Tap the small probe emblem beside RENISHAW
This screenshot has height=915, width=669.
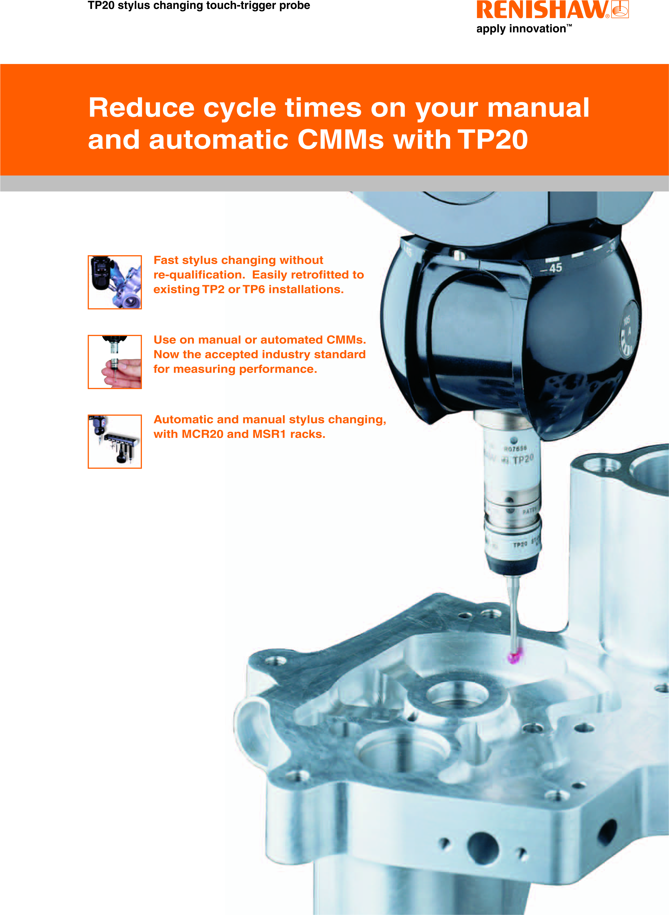tap(620, 9)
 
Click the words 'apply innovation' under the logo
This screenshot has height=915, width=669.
tap(521, 29)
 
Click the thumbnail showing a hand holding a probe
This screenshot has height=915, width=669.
tap(115, 362)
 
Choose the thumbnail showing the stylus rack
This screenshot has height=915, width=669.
tap(115, 441)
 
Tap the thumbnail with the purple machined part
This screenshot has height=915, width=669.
tap(115, 282)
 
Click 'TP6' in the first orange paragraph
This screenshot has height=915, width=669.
tap(254, 290)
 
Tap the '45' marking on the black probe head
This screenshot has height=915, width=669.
tap(555, 268)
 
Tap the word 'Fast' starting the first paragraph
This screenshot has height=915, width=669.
tap(166, 260)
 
